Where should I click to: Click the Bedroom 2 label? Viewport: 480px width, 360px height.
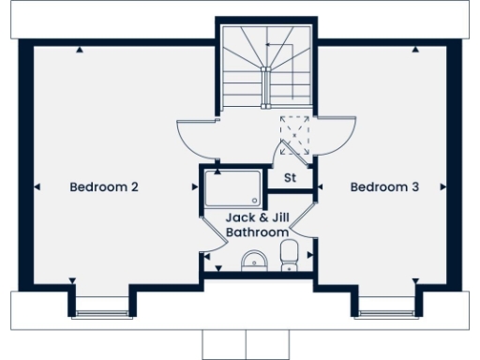(x=104, y=187)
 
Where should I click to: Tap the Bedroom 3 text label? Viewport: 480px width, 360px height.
(x=384, y=187)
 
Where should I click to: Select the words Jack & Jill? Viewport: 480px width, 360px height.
(x=255, y=217)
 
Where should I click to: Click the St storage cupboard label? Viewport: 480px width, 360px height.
(x=290, y=177)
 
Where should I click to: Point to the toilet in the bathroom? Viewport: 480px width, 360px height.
(x=290, y=253)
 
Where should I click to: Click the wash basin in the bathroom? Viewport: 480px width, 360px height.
(x=253, y=260)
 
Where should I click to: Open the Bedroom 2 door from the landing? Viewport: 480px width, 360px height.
(x=199, y=139)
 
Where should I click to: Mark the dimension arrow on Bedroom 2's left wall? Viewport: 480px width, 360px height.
(x=37, y=187)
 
